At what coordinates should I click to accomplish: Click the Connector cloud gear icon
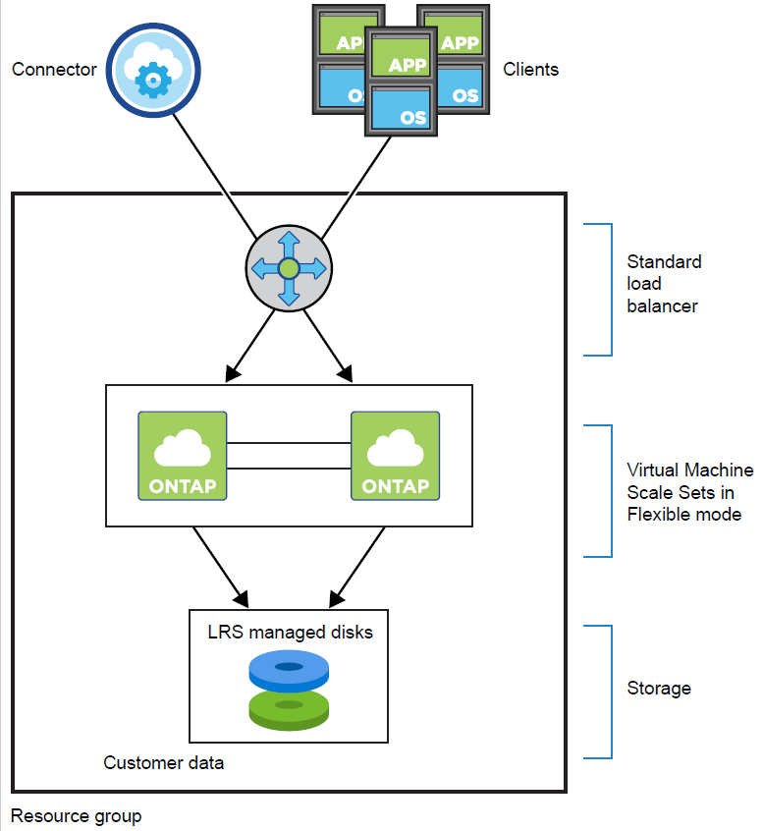(152, 69)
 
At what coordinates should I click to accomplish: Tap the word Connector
(54, 70)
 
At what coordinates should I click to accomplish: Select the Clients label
(530, 70)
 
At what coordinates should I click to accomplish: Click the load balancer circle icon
(288, 268)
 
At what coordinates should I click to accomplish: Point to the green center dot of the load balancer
(288, 268)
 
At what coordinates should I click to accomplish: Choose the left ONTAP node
(183, 456)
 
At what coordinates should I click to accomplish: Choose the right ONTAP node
(395, 456)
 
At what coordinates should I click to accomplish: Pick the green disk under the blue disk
(288, 709)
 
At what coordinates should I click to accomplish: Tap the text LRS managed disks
(290, 633)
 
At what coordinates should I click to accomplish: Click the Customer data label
(164, 762)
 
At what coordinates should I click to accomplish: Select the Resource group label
(76, 816)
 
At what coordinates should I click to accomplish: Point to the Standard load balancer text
(664, 284)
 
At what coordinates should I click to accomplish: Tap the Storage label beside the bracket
(659, 689)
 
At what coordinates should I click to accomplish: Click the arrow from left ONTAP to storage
(218, 564)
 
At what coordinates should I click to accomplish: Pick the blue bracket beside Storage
(610, 692)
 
